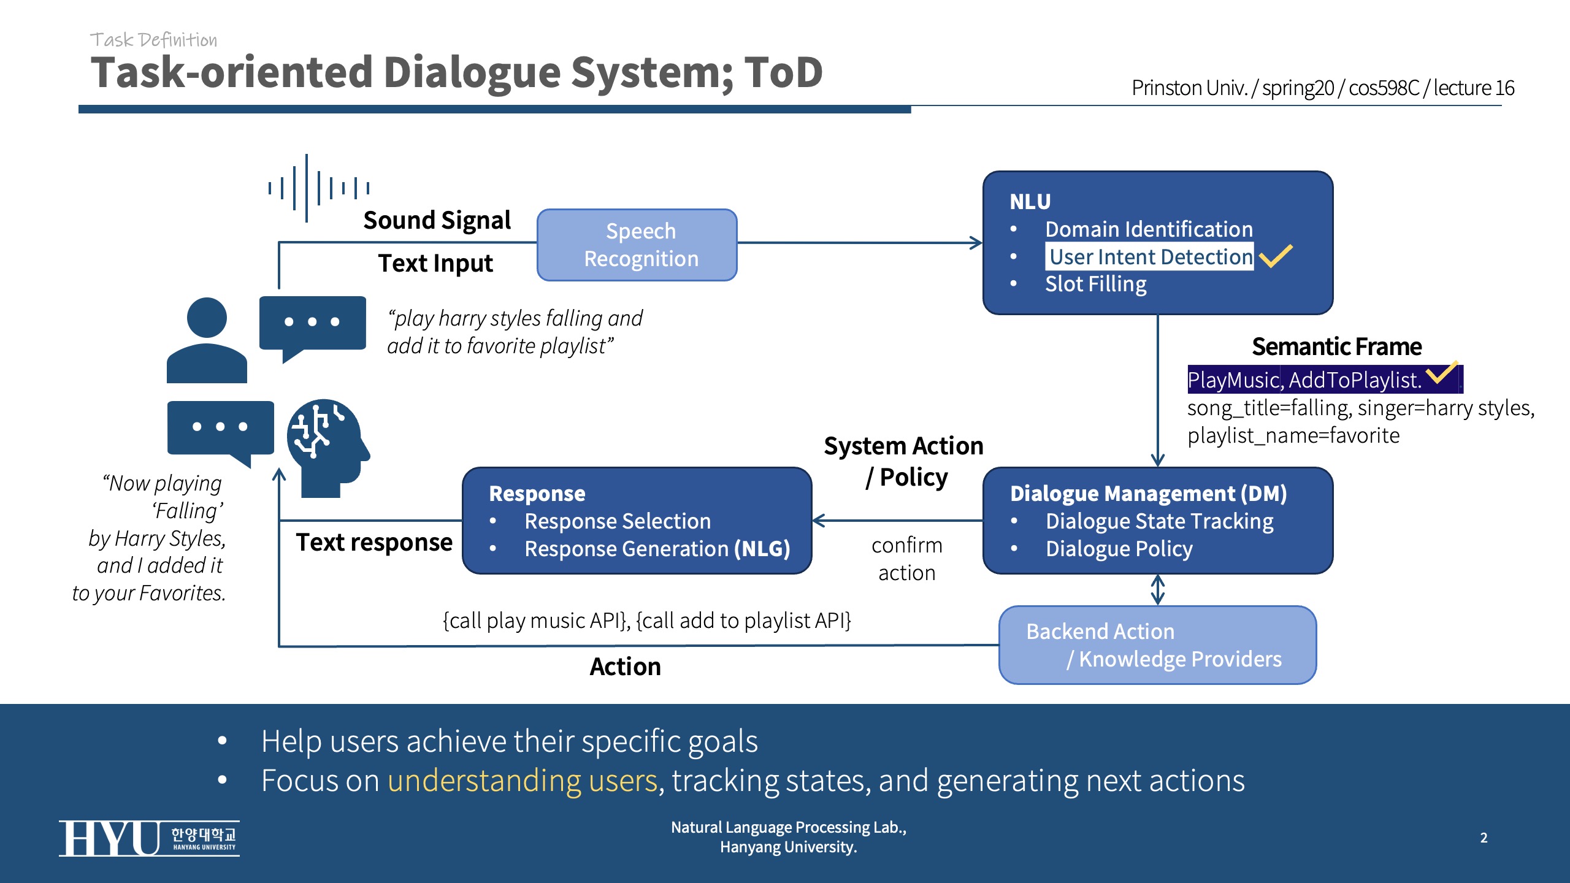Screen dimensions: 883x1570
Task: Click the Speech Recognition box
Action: point(637,245)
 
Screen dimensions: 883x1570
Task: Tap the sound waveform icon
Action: point(318,188)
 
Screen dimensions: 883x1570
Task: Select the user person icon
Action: point(207,341)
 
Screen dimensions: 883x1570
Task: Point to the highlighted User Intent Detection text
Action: point(1150,257)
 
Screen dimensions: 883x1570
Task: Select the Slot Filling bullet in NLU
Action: point(1095,285)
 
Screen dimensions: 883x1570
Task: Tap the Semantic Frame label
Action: point(1336,347)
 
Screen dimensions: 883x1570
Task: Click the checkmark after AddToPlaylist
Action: point(1441,372)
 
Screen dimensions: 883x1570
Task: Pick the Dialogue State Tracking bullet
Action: point(1159,521)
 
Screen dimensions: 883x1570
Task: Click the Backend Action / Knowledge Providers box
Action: point(1157,645)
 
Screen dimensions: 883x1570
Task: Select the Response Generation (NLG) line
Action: point(657,549)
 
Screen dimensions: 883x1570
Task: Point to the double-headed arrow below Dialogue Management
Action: point(1157,589)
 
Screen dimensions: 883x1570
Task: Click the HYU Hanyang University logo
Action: point(149,838)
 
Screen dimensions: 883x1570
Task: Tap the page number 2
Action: point(1484,838)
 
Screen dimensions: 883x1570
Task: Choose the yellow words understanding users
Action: point(522,781)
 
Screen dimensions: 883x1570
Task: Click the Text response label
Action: point(374,543)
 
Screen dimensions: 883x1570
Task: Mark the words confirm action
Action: point(906,559)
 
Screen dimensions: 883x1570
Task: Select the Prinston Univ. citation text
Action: point(1322,88)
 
